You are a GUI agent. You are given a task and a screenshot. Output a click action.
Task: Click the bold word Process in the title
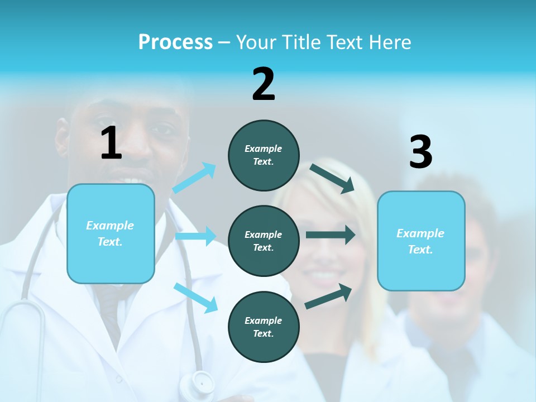(x=175, y=42)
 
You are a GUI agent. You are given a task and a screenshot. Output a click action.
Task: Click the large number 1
(x=111, y=143)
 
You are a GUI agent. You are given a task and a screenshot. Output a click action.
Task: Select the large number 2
(x=264, y=84)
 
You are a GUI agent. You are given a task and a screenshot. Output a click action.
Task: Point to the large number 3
(x=420, y=152)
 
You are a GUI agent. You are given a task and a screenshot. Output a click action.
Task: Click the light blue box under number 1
(x=111, y=233)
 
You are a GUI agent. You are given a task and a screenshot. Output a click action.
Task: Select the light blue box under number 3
(x=421, y=241)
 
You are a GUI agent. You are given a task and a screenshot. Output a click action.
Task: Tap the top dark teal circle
(x=264, y=155)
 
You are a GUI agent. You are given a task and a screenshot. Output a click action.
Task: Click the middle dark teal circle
(x=264, y=241)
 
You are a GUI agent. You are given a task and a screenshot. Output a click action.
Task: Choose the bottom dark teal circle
(x=264, y=327)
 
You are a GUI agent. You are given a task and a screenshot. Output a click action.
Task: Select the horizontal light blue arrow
(x=196, y=236)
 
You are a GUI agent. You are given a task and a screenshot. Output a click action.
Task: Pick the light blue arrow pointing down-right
(x=196, y=298)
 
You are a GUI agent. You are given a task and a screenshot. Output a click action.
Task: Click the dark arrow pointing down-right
(x=333, y=178)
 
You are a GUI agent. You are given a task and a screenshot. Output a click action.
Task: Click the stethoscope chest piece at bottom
(x=202, y=383)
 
